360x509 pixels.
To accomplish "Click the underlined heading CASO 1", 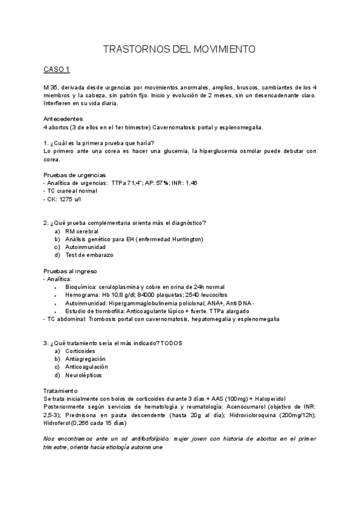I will (x=57, y=70).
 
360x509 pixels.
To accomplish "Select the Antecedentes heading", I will (x=64, y=119).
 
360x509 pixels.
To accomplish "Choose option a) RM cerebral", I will (x=82, y=231).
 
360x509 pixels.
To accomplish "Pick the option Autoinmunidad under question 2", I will (x=85, y=247).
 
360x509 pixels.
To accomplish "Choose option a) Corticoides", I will (x=80, y=351).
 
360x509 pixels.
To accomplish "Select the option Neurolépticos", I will (x=83, y=375).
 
